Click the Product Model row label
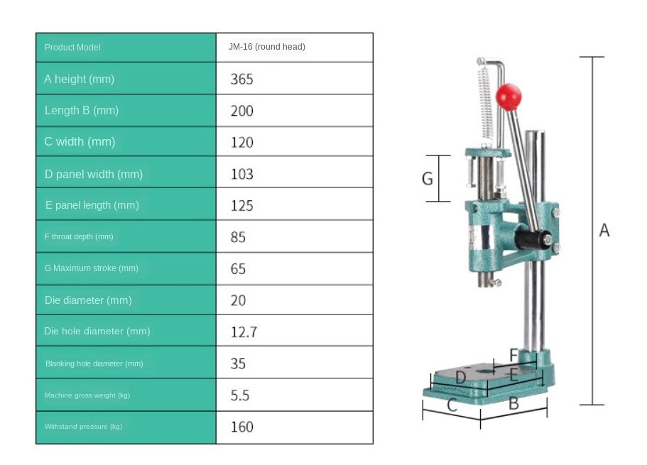coord(72,48)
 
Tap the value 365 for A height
coord(241,79)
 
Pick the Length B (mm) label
coord(82,110)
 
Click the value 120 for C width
coord(241,143)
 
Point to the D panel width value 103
coord(241,174)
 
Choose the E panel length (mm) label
coord(92,205)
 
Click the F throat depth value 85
coord(238,237)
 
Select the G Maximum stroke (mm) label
coord(91,268)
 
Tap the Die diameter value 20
coord(238,300)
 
